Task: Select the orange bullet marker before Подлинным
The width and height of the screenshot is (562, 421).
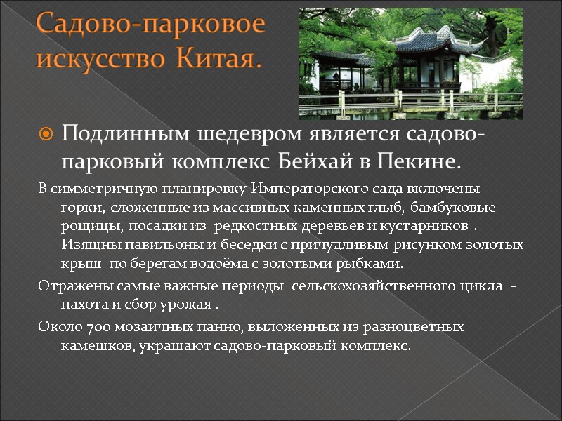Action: pyautogui.click(x=46, y=133)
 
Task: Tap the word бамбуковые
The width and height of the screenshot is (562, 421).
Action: pyautogui.click(x=453, y=208)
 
